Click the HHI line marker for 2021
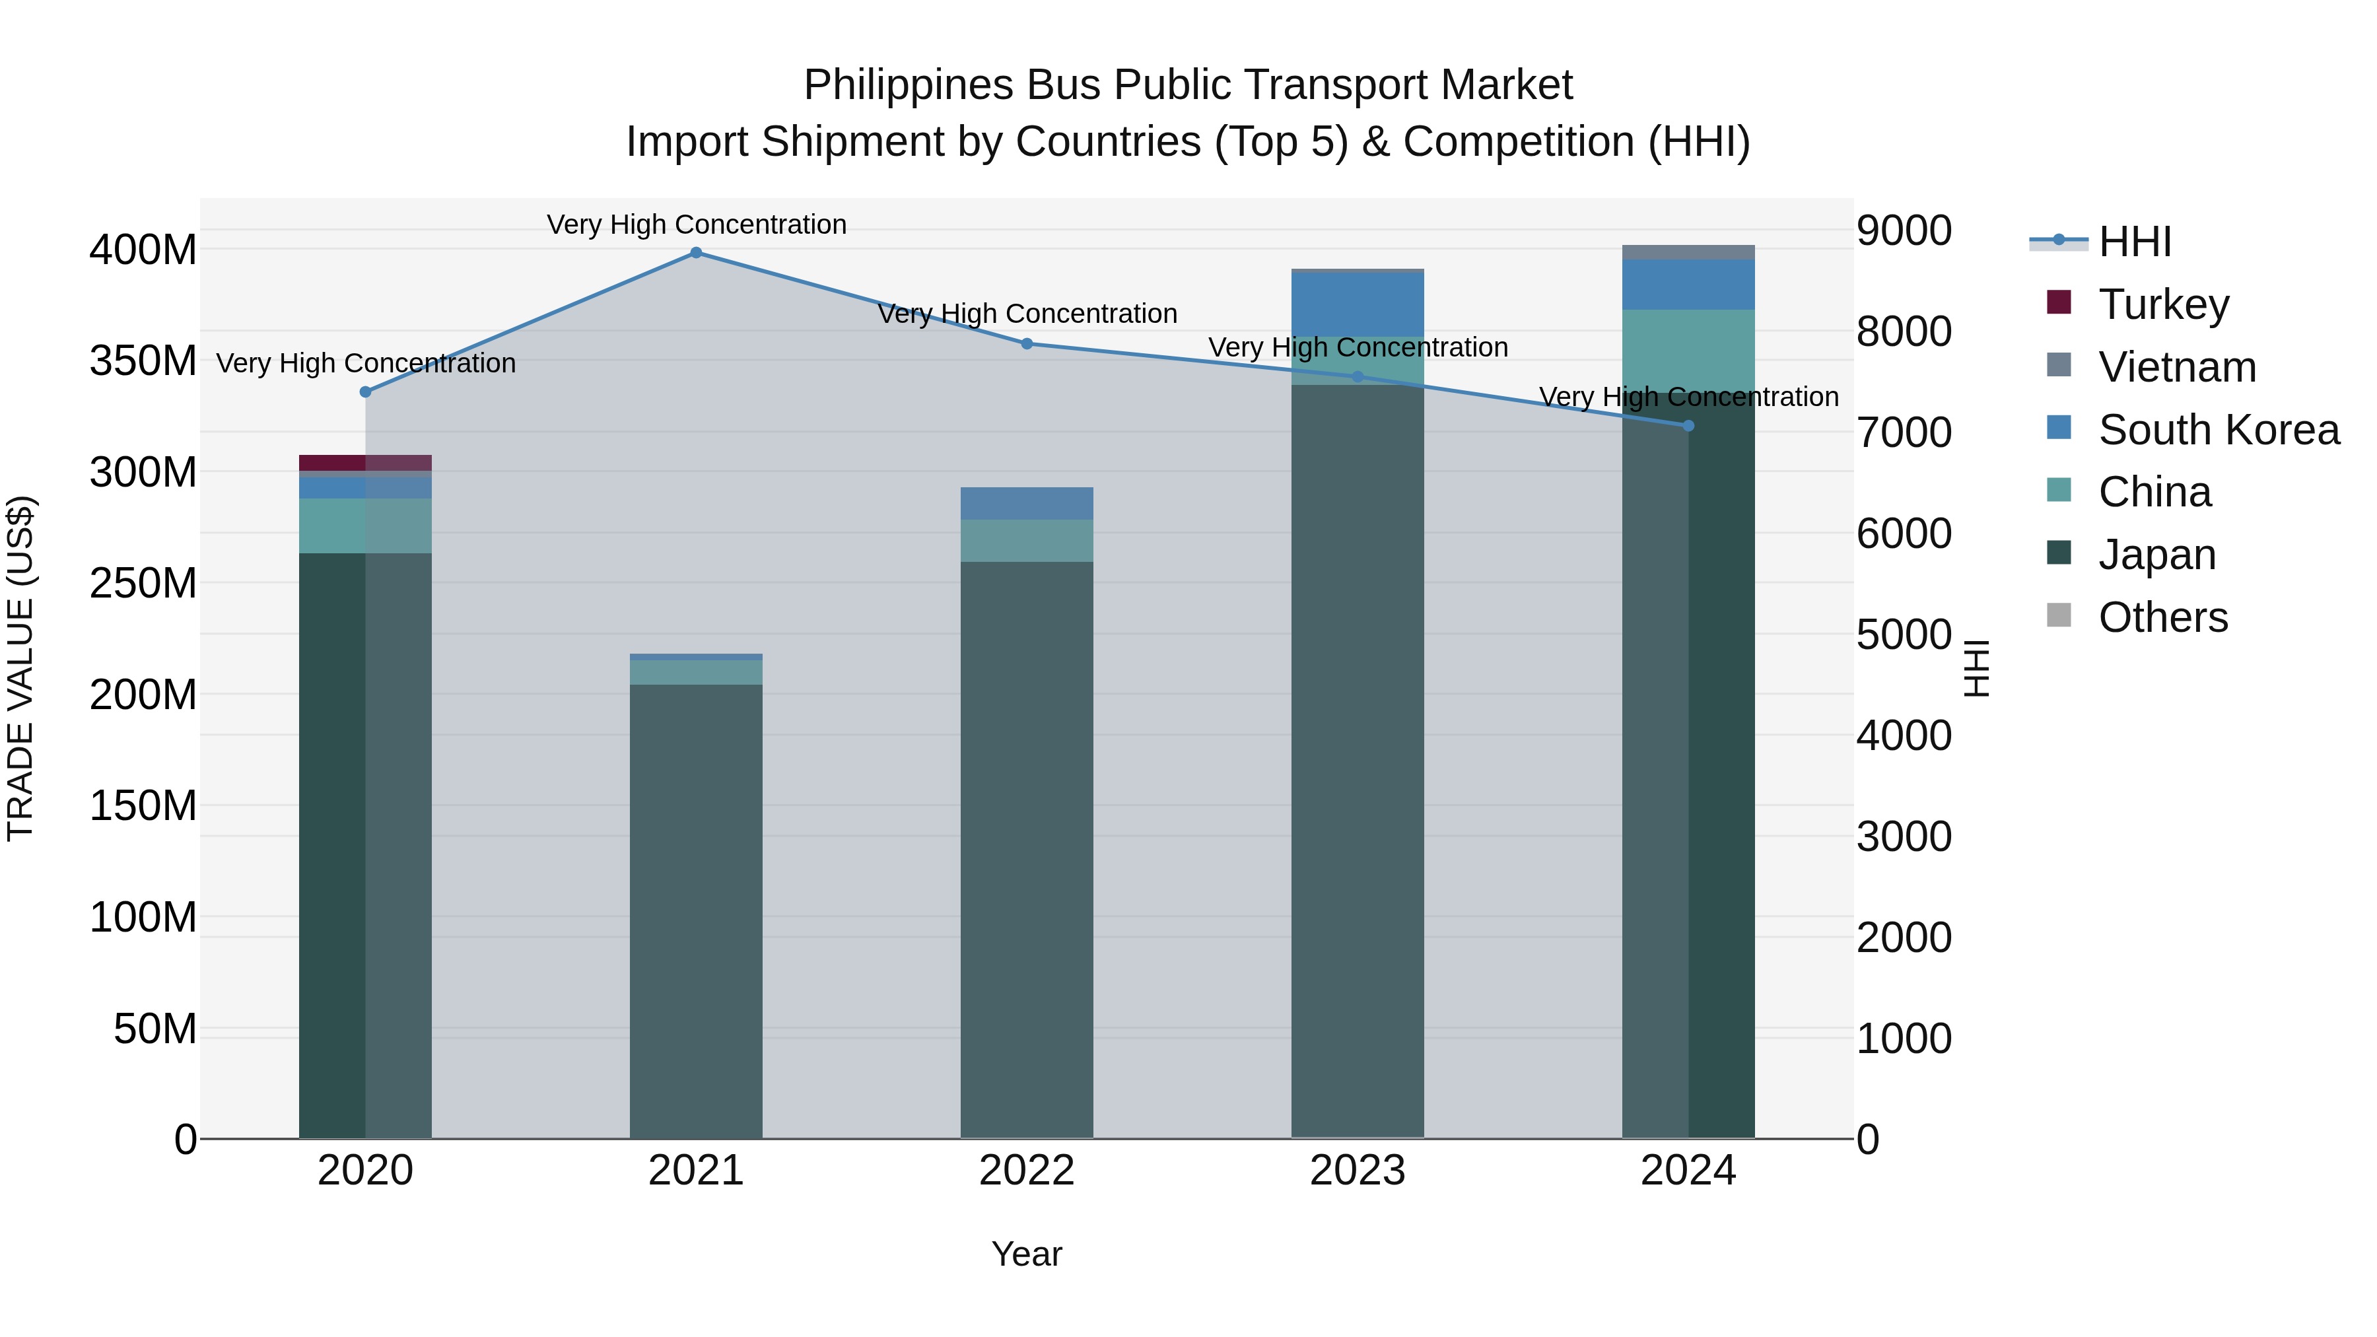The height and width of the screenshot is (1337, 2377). [696, 253]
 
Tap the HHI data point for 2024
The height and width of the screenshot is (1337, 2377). [1688, 425]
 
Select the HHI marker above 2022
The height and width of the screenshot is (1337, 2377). [1026, 343]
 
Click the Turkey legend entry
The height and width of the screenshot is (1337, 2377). [2163, 304]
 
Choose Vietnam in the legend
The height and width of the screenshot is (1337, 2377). [2177, 366]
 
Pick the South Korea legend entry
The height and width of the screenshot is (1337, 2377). [2219, 429]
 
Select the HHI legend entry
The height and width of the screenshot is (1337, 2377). [2134, 242]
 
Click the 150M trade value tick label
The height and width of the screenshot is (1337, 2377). [143, 806]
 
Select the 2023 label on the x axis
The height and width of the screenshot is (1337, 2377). [1358, 1170]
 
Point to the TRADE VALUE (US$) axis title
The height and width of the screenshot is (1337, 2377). [20, 668]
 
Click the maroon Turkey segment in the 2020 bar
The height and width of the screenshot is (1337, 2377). [332, 462]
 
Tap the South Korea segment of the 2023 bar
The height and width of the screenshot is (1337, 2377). [1358, 304]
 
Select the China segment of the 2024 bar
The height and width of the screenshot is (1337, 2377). [1688, 351]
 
